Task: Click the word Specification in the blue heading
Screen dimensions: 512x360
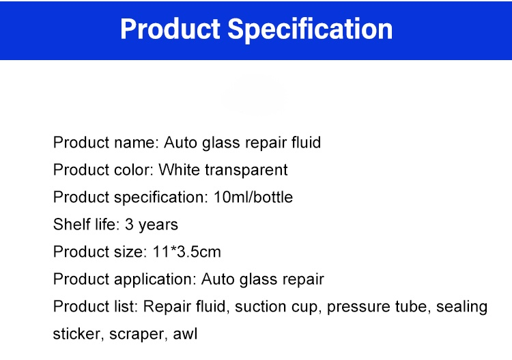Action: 310,30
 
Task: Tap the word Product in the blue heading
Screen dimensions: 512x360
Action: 170,29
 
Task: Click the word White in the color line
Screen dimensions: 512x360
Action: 179,170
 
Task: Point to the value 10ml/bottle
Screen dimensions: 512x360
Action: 253,197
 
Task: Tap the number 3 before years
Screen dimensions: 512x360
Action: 129,225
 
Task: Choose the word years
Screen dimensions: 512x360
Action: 158,225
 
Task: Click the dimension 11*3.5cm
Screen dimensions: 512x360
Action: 187,252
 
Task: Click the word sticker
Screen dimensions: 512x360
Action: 76,334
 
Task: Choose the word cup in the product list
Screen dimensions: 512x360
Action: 304,307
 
